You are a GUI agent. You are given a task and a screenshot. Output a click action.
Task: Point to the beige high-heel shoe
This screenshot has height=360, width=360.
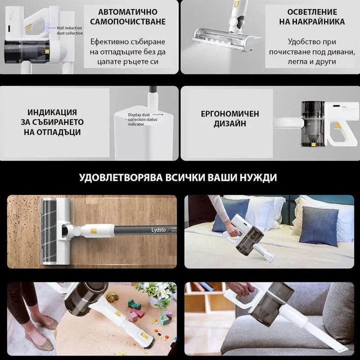pyautogui.click(x=34, y=338)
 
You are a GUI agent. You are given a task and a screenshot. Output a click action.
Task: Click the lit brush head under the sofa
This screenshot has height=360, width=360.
pyautogui.click(x=217, y=40)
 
